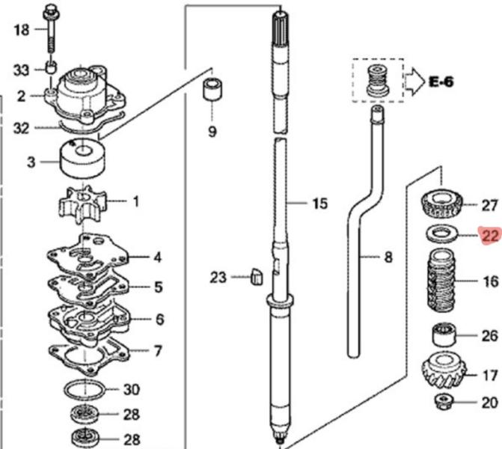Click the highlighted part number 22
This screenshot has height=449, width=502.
click(490, 237)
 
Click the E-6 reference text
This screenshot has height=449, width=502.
click(441, 82)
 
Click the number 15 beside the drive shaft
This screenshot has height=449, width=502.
click(319, 204)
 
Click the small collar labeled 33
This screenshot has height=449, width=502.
click(51, 70)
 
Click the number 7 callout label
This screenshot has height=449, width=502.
click(157, 350)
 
